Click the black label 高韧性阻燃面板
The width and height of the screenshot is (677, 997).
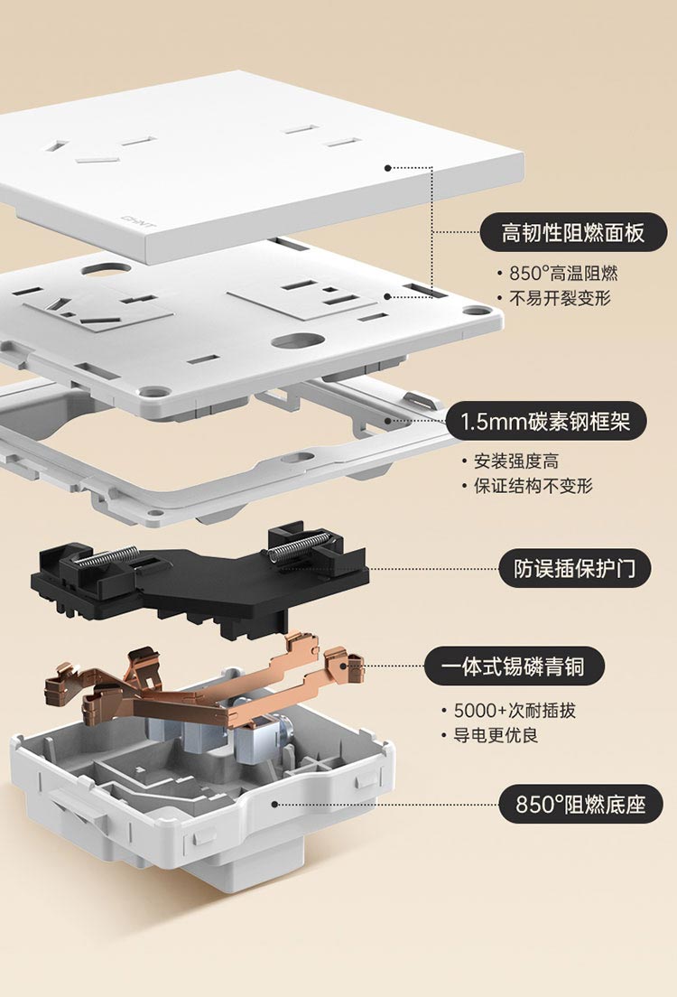point(574,233)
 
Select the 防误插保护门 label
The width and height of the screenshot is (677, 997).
point(575,568)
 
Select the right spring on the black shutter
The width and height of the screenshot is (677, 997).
point(301,545)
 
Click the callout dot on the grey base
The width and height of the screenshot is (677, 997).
point(274,803)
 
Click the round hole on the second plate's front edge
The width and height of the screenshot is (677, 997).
point(300,341)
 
